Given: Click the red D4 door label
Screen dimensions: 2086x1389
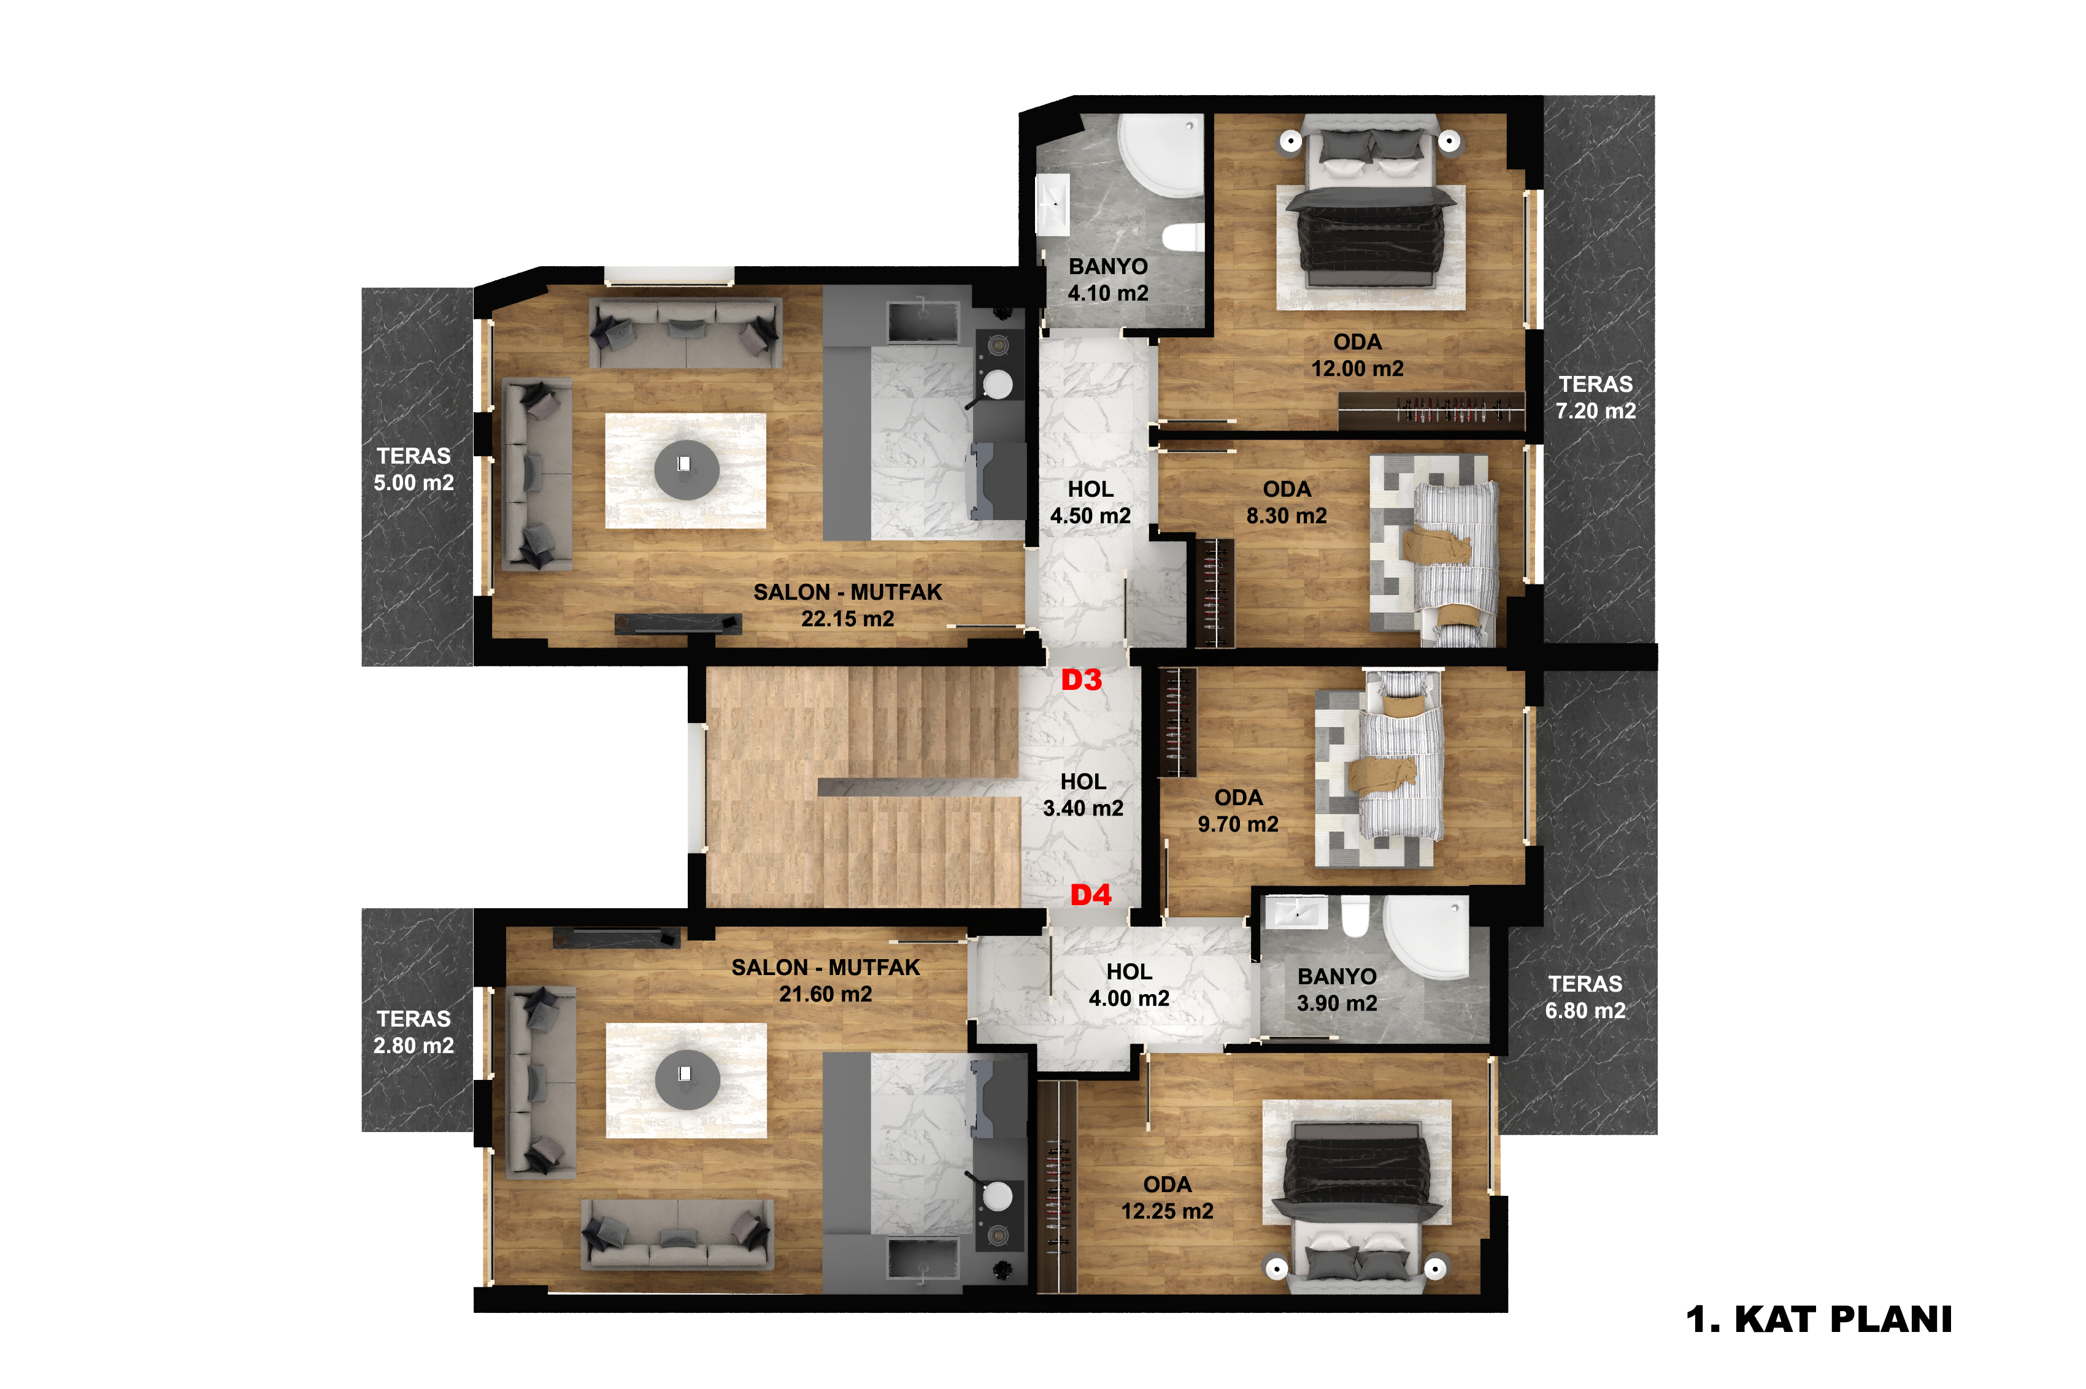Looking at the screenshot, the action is (x=1090, y=895).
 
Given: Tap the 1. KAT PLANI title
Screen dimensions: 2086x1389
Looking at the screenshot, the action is (x=1819, y=1319).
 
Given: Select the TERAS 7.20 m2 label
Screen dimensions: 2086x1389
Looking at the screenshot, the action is (x=1595, y=398).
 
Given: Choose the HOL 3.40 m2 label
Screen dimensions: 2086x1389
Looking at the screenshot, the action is (x=1083, y=795).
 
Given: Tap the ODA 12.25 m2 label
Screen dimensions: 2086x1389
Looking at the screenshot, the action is (x=1167, y=1198).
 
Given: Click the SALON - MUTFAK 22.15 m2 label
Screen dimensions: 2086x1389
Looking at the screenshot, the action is (x=847, y=605).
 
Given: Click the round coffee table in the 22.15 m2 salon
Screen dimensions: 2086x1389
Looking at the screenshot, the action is (x=687, y=470).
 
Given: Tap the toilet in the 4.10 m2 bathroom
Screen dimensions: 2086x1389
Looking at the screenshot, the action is (x=1182, y=237).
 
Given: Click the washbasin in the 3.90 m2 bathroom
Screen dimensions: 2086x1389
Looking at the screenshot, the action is (x=1296, y=913).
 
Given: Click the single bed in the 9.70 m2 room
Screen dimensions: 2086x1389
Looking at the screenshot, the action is (x=1396, y=756).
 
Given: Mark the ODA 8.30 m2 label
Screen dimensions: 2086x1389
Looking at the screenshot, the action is (x=1287, y=502).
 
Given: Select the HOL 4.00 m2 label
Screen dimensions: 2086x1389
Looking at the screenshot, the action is (x=1129, y=985).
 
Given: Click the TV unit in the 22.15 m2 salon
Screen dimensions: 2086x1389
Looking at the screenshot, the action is (x=678, y=624).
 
